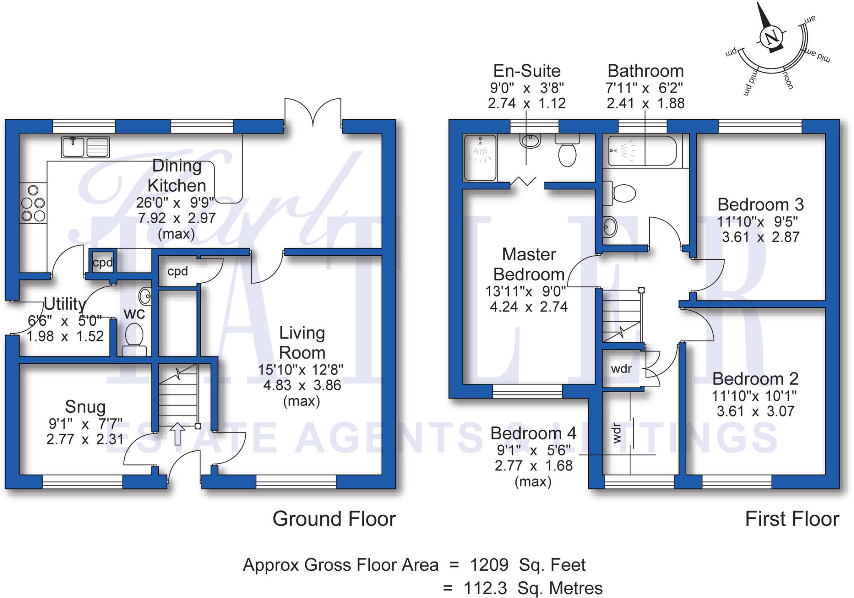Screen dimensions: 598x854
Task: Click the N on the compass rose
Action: point(771,38)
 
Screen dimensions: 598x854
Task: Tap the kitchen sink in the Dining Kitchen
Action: point(85,147)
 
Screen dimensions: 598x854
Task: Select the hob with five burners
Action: point(33,204)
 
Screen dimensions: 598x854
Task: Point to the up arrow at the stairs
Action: point(178,433)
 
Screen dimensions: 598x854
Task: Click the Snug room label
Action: point(85,407)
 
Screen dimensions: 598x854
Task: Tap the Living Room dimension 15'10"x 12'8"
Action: point(300,369)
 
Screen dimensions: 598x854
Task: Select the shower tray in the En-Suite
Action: point(480,157)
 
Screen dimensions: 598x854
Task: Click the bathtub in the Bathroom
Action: point(642,151)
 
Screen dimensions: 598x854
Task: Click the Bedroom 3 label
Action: point(760,205)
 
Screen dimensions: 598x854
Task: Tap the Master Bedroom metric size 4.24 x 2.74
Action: point(528,307)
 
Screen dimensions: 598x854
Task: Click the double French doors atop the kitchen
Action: point(313,112)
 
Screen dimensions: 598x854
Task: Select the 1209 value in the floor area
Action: point(489,565)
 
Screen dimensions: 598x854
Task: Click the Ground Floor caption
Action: point(334,519)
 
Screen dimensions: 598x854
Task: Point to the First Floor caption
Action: point(791,519)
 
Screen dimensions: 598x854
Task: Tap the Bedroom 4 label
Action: point(533,433)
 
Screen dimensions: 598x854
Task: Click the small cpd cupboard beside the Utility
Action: point(102,262)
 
